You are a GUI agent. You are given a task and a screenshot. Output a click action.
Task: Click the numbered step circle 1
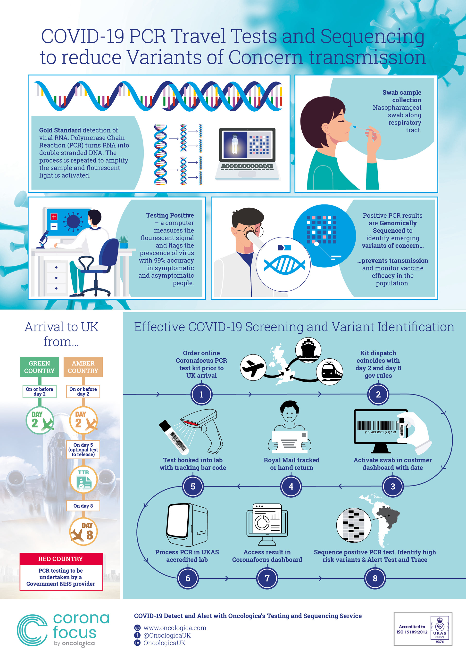201,394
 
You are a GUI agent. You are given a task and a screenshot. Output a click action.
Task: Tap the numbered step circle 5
193,486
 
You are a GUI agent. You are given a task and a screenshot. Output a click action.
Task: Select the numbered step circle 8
375,578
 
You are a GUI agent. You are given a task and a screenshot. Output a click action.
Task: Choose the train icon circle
329,371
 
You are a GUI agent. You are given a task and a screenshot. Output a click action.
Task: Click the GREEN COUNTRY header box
39,367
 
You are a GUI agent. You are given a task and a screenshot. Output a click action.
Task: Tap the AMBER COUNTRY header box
83,367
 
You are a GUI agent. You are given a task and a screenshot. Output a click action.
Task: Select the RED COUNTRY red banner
61,559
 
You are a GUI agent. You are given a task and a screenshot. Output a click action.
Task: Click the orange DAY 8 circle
83,532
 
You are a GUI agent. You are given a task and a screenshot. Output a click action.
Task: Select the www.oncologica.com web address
175,628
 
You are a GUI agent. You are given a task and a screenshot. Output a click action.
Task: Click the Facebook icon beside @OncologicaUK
138,635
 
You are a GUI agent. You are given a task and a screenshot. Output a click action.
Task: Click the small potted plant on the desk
124,242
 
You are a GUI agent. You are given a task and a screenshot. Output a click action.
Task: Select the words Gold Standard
60,130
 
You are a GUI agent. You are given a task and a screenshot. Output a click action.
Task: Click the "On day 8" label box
83,506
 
